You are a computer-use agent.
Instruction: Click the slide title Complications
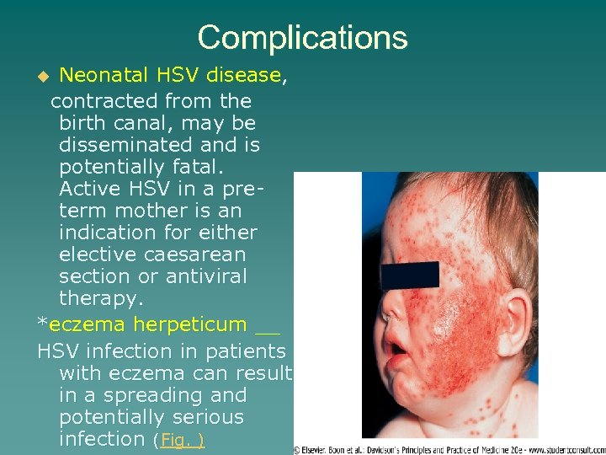point(302,37)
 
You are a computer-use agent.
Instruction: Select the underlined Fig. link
point(182,439)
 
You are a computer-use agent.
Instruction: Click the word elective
point(96,254)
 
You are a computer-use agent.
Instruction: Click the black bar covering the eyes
point(409,275)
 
